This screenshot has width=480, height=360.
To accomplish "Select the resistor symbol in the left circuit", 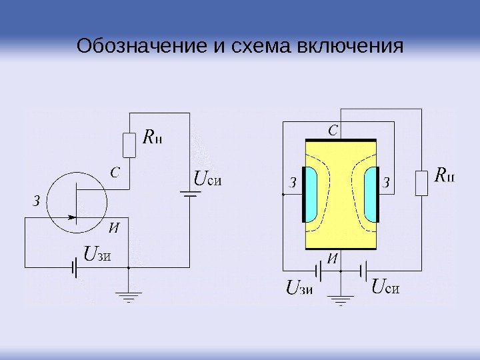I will click(x=129, y=145).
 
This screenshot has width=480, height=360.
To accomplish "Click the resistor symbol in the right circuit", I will click(x=421, y=183).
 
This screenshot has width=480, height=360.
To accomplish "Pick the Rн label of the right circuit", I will click(x=445, y=177).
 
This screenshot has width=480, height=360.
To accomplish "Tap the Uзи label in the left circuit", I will click(x=97, y=253).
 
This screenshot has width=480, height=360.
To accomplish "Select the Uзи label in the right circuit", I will click(x=299, y=289).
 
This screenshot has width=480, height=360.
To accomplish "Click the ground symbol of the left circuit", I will click(x=128, y=295).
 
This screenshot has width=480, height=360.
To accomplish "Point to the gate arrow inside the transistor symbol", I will click(x=69, y=217).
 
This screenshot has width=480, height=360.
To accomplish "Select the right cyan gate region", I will click(x=370, y=193).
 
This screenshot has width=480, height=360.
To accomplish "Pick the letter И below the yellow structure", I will click(x=331, y=257).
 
